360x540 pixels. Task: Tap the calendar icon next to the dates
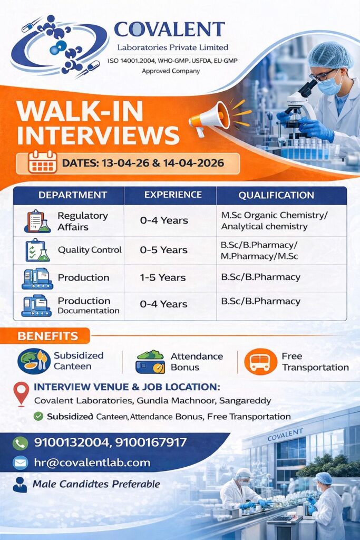(43, 162)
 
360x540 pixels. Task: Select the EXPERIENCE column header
(173, 195)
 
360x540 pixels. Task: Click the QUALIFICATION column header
(276, 195)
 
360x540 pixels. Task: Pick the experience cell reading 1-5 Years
(163, 277)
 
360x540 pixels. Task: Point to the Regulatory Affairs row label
(82, 221)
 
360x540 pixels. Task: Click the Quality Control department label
(90, 250)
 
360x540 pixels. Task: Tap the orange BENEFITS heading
(48, 336)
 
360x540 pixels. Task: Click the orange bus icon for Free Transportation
(260, 362)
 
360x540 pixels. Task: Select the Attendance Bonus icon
(150, 362)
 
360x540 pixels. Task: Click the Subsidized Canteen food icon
(34, 362)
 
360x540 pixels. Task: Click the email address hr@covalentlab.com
(92, 463)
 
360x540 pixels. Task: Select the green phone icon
(21, 443)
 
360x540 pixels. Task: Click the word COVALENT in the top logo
(170, 29)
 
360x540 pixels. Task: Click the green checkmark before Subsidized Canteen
(38, 416)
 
